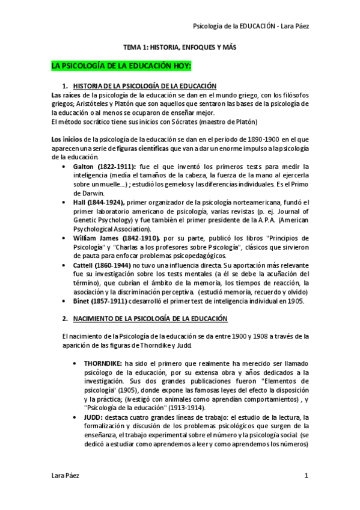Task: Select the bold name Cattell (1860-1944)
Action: [x=102, y=265]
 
